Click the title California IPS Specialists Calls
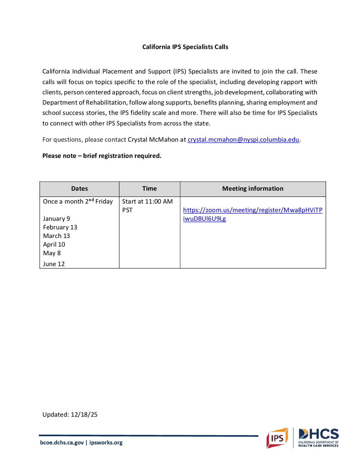pos(185,47)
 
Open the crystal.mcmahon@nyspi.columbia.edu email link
pos(243,140)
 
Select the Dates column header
pos(79,189)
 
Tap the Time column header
pos(149,189)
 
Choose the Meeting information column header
pos(253,189)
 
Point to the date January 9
pos(56,219)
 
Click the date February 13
pos(60,227)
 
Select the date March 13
pos(56,236)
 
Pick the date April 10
pos(54,245)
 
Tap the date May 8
pos(52,253)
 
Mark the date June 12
pos(54,264)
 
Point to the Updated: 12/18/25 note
pos(70,415)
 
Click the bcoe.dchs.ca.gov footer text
pos(62,443)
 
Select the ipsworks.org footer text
pos(106,443)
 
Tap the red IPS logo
pos(277,438)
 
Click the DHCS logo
pos(318,438)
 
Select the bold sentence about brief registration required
pos(102,156)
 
